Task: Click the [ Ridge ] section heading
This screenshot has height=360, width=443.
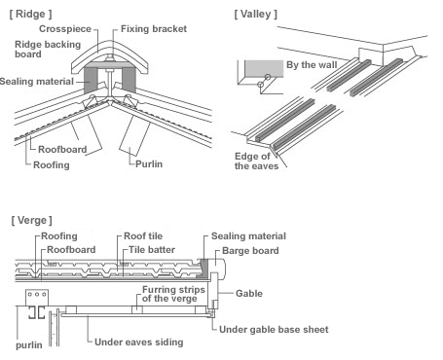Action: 30,14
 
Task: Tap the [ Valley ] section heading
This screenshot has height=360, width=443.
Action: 256,14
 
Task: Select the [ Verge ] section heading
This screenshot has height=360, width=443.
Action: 31,220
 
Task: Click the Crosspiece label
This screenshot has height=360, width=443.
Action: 65,29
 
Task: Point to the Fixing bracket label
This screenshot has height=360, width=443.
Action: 154,29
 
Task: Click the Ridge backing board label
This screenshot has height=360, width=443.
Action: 48,49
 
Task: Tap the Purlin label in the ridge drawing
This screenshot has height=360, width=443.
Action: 149,163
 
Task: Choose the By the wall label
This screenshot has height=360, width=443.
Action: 312,65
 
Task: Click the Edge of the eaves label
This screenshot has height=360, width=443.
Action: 256,161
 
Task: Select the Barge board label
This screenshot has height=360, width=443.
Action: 250,251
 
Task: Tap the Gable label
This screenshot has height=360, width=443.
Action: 249,294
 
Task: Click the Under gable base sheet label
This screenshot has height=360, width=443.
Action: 274,330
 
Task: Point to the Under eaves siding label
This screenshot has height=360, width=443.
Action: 139,342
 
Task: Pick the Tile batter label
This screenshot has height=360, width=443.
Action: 152,250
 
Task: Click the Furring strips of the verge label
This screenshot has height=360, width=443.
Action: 173,294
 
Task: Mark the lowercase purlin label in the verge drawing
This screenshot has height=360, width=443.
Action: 29,345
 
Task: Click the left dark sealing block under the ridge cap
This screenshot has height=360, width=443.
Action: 91,80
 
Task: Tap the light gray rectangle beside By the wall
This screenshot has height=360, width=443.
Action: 264,68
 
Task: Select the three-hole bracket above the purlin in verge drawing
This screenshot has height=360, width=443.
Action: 37,298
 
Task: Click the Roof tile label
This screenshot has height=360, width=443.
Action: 143,236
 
